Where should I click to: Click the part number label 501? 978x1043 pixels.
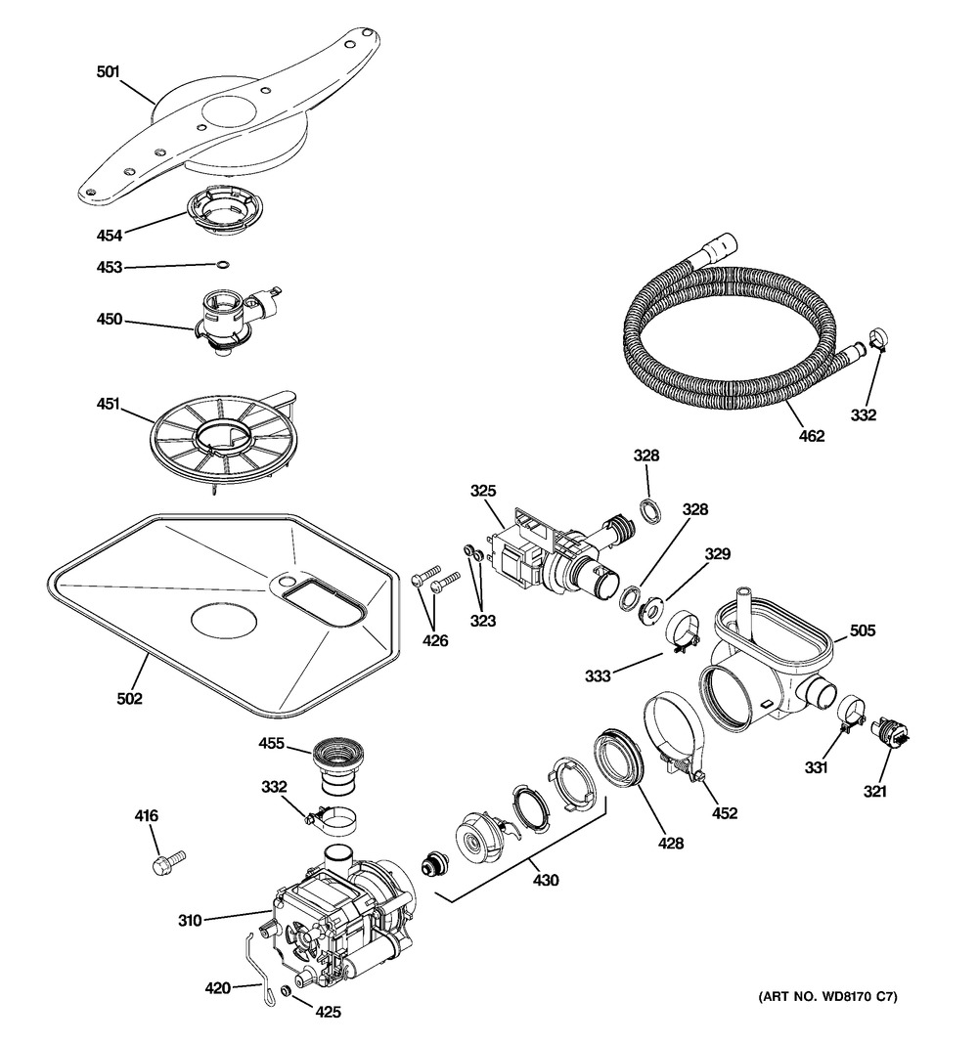[x=108, y=71]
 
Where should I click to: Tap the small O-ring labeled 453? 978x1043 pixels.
[x=225, y=266]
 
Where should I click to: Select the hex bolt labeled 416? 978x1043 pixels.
[x=169, y=864]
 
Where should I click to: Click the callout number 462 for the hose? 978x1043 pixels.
[x=812, y=436]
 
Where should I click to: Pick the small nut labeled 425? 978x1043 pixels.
[x=286, y=990]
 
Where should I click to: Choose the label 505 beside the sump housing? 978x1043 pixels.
[x=863, y=630]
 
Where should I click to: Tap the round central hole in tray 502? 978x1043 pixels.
[x=224, y=620]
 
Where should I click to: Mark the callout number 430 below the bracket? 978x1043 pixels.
[x=546, y=880]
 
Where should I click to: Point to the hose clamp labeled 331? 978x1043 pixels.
[x=850, y=712]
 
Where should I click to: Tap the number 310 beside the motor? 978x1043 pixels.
[x=190, y=920]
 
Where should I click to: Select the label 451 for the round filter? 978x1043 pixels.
[x=108, y=403]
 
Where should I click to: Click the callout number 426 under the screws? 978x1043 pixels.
[x=436, y=640]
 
